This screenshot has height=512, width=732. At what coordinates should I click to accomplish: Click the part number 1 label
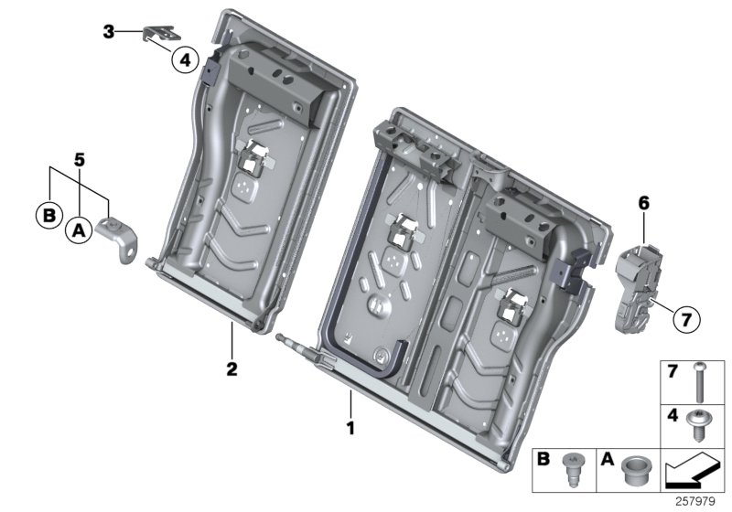[349, 426]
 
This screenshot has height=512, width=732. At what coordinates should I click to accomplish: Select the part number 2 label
[232, 369]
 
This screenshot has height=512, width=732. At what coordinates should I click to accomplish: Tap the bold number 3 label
[109, 32]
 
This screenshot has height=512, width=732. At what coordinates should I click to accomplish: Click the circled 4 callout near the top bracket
[184, 60]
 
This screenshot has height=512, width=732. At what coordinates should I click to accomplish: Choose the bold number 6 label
[643, 207]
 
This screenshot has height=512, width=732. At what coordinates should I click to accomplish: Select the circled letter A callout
[78, 232]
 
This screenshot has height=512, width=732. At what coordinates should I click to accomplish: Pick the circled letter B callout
[48, 217]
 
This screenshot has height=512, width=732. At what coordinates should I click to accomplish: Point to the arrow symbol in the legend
[693, 472]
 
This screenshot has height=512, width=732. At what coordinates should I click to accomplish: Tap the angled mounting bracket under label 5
[124, 239]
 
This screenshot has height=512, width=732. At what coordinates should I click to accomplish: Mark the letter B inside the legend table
[544, 456]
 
